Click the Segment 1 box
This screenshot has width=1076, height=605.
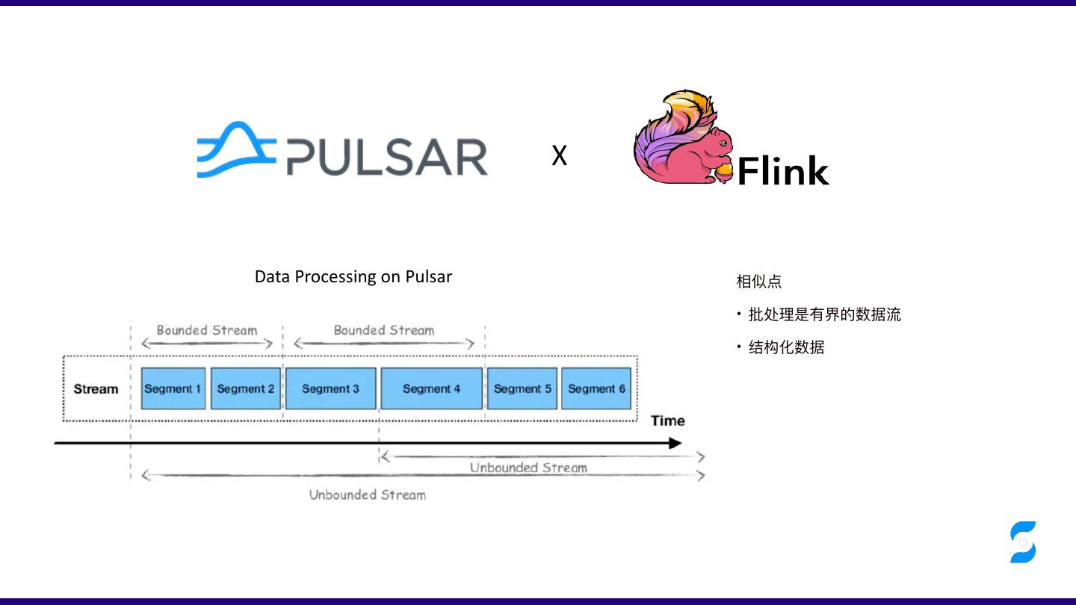pyautogui.click(x=173, y=388)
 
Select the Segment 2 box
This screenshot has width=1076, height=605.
pyautogui.click(x=246, y=388)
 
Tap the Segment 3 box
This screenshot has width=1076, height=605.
pyautogui.click(x=330, y=388)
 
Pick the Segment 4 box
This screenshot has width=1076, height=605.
pyautogui.click(x=431, y=388)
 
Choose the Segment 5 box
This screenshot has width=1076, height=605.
pyautogui.click(x=522, y=388)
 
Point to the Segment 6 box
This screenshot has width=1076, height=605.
pyautogui.click(x=596, y=388)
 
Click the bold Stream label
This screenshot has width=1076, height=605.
pyautogui.click(x=96, y=389)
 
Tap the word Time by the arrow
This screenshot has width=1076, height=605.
pyautogui.click(x=667, y=421)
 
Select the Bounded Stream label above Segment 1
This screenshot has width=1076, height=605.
pyautogui.click(x=207, y=330)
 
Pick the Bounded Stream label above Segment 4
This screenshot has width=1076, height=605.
pyautogui.click(x=384, y=330)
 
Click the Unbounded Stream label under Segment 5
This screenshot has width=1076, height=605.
pyautogui.click(x=528, y=468)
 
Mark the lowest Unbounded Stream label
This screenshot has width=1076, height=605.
pyautogui.click(x=368, y=494)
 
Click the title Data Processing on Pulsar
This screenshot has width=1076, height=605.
pyautogui.click(x=353, y=276)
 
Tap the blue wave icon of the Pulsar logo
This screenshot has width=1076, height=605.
pyautogui.click(x=236, y=149)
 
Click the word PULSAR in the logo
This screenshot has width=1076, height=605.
pyautogui.click(x=387, y=157)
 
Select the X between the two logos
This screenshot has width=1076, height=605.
pyautogui.click(x=559, y=155)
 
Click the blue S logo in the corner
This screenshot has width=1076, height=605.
pyautogui.click(x=1023, y=542)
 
